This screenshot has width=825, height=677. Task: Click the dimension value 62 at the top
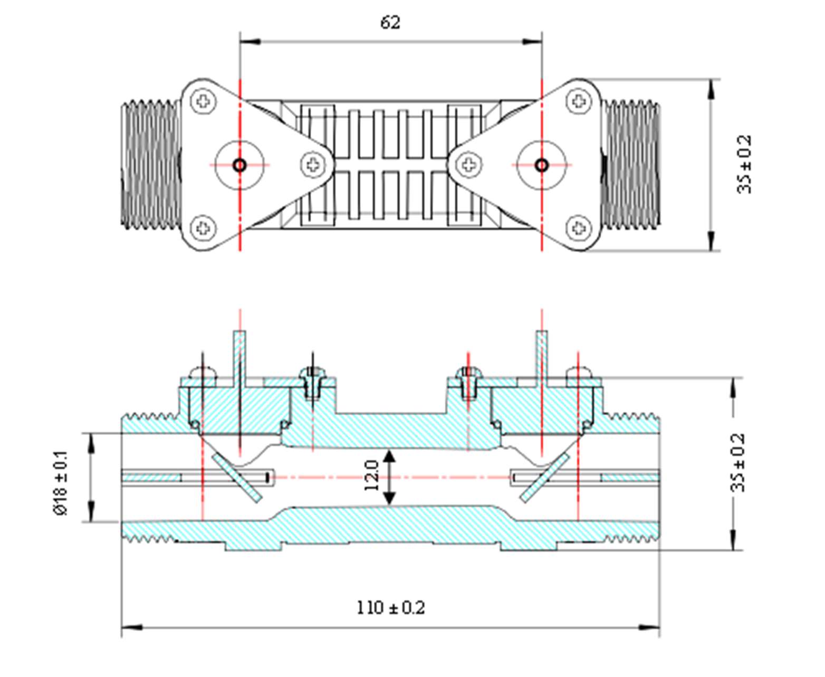(x=390, y=22)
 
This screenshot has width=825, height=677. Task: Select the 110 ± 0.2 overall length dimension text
(x=390, y=607)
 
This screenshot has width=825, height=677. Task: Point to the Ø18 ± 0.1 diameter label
(x=61, y=482)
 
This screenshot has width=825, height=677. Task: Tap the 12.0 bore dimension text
(x=372, y=475)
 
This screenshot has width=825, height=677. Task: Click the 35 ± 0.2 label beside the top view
(x=744, y=165)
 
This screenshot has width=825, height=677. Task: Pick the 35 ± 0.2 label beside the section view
(x=738, y=462)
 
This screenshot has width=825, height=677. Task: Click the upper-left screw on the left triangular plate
(x=203, y=100)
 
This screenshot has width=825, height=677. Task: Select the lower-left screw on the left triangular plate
(x=203, y=228)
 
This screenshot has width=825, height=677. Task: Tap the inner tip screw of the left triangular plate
(x=313, y=164)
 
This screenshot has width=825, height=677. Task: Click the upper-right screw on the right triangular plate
(x=579, y=100)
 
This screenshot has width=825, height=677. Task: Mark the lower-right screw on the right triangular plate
(x=579, y=228)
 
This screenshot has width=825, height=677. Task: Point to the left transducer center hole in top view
(x=239, y=165)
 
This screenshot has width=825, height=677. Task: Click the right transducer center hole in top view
(x=542, y=165)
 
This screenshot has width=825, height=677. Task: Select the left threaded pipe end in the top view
(x=151, y=165)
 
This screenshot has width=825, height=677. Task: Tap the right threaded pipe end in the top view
(x=631, y=165)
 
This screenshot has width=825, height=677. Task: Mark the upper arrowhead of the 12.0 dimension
(x=389, y=457)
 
